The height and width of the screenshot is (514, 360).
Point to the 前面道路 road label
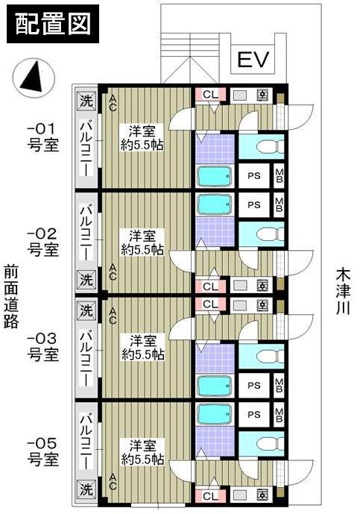click(10, 302)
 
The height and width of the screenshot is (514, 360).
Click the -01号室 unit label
click(42, 137)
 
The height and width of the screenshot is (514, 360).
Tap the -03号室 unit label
click(42, 347)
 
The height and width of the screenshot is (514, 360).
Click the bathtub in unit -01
click(215, 176)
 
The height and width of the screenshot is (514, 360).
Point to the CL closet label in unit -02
click(210, 285)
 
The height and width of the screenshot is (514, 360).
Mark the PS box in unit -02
click(254, 204)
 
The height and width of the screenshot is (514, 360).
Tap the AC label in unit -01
click(113, 103)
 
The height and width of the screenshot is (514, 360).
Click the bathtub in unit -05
click(215, 414)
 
